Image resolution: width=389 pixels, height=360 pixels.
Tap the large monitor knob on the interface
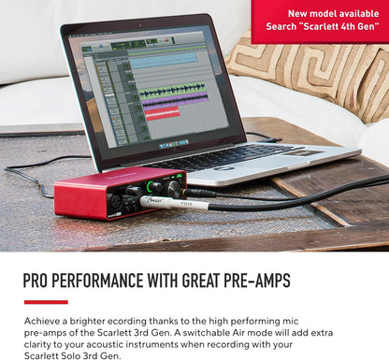click(172, 190)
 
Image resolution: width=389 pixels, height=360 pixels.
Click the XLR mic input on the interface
click(120, 201)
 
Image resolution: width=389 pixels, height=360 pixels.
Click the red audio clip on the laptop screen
click(162, 112)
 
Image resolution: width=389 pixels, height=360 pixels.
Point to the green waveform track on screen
click(173, 90)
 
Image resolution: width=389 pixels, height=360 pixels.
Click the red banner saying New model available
click(320, 20)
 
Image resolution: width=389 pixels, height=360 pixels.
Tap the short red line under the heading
click(46, 302)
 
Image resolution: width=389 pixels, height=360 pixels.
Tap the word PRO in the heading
click(39, 281)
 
